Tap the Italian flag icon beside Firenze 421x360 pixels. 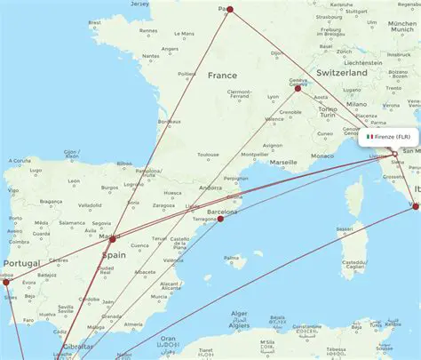tap(369, 137)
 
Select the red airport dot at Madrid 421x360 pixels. tap(112, 239)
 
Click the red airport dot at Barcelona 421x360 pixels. tap(221, 219)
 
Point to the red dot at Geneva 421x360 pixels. tap(298, 88)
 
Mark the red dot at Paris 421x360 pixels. tap(229, 10)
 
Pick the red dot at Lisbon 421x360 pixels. tap(4, 283)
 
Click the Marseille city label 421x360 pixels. tap(284, 163)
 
